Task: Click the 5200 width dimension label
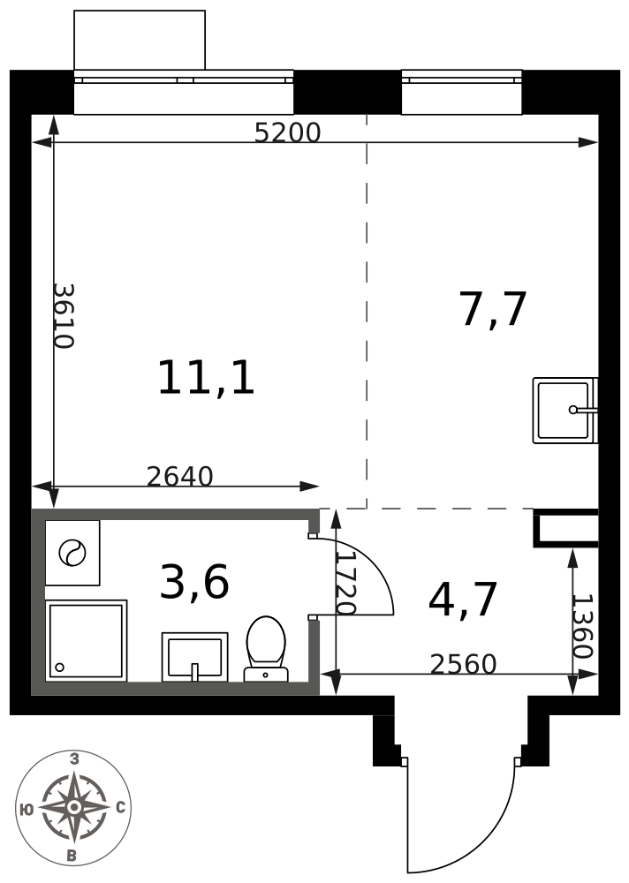coord(287,133)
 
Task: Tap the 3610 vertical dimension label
coord(64,316)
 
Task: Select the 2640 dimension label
coord(180,477)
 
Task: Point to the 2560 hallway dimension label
coord(463,664)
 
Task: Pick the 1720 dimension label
coord(345,582)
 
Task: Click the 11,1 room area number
coord(207,378)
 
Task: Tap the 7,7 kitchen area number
coord(493,309)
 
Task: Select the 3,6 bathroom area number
coord(194,582)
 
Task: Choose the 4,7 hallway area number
coord(463,600)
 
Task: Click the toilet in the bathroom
coord(266,649)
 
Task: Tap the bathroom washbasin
coord(195,657)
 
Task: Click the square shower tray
coord(87,640)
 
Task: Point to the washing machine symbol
coord(72,553)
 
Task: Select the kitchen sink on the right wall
coord(565,411)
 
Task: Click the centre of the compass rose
coord(73,808)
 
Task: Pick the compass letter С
coord(120,808)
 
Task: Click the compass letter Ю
coord(26,810)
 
